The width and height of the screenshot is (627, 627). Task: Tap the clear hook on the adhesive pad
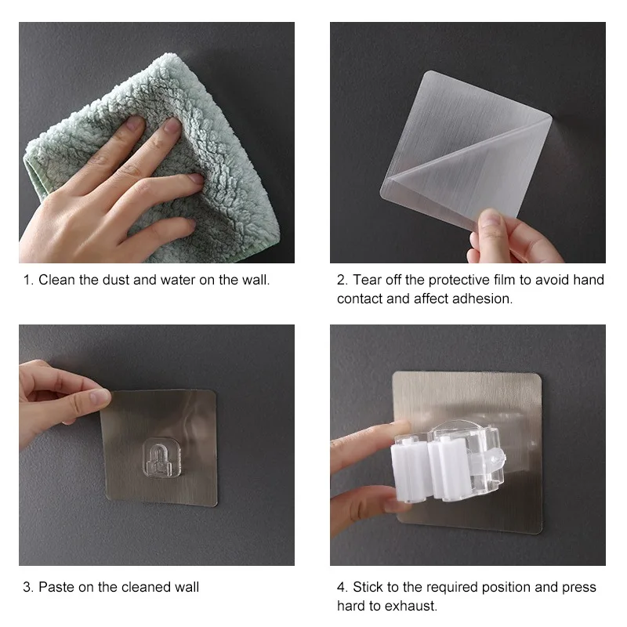coord(161,458)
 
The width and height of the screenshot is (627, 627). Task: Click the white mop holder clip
coord(448,464)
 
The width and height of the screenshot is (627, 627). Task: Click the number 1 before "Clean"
coord(27,280)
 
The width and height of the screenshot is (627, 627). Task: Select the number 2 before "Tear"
coord(342,280)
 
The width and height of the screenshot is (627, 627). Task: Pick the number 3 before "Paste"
coord(28,587)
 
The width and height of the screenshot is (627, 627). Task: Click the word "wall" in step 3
coord(187,587)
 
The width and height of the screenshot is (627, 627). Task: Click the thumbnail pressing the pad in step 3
coord(100,397)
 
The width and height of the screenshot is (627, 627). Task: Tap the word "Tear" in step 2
coord(366,280)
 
